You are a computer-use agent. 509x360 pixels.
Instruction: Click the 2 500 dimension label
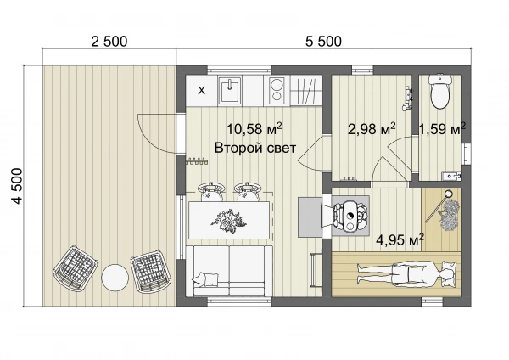pyautogui.click(x=109, y=42)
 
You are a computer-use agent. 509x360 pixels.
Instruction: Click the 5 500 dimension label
pyautogui.click(x=323, y=42)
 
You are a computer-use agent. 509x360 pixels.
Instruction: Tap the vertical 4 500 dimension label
pyautogui.click(x=17, y=186)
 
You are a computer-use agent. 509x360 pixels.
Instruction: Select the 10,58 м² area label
pyautogui.click(x=254, y=129)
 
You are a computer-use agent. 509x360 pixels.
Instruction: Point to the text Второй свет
pyautogui.click(x=255, y=148)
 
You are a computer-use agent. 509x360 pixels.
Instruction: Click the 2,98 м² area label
pyautogui.click(x=372, y=129)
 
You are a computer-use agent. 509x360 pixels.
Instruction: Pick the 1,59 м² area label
pyautogui.click(x=442, y=129)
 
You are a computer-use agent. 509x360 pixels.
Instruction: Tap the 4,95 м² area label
pyautogui.click(x=400, y=240)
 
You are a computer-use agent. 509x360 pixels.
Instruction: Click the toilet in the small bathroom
pyautogui.click(x=439, y=92)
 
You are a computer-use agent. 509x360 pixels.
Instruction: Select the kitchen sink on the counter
pyautogui.click(x=230, y=90)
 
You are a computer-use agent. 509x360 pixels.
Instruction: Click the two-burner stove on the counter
pyautogui.click(x=277, y=91)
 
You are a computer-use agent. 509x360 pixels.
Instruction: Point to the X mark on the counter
pyautogui.click(x=202, y=91)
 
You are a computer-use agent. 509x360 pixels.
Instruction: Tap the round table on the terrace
pyautogui.click(x=115, y=278)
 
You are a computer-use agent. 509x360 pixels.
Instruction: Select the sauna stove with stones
pyautogui.click(x=350, y=216)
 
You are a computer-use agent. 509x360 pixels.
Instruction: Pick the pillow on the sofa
pyautogui.click(x=205, y=278)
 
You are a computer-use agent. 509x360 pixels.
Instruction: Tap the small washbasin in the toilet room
pyautogui.click(x=451, y=176)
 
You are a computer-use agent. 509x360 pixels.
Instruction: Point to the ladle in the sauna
pyautogui.click(x=438, y=207)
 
